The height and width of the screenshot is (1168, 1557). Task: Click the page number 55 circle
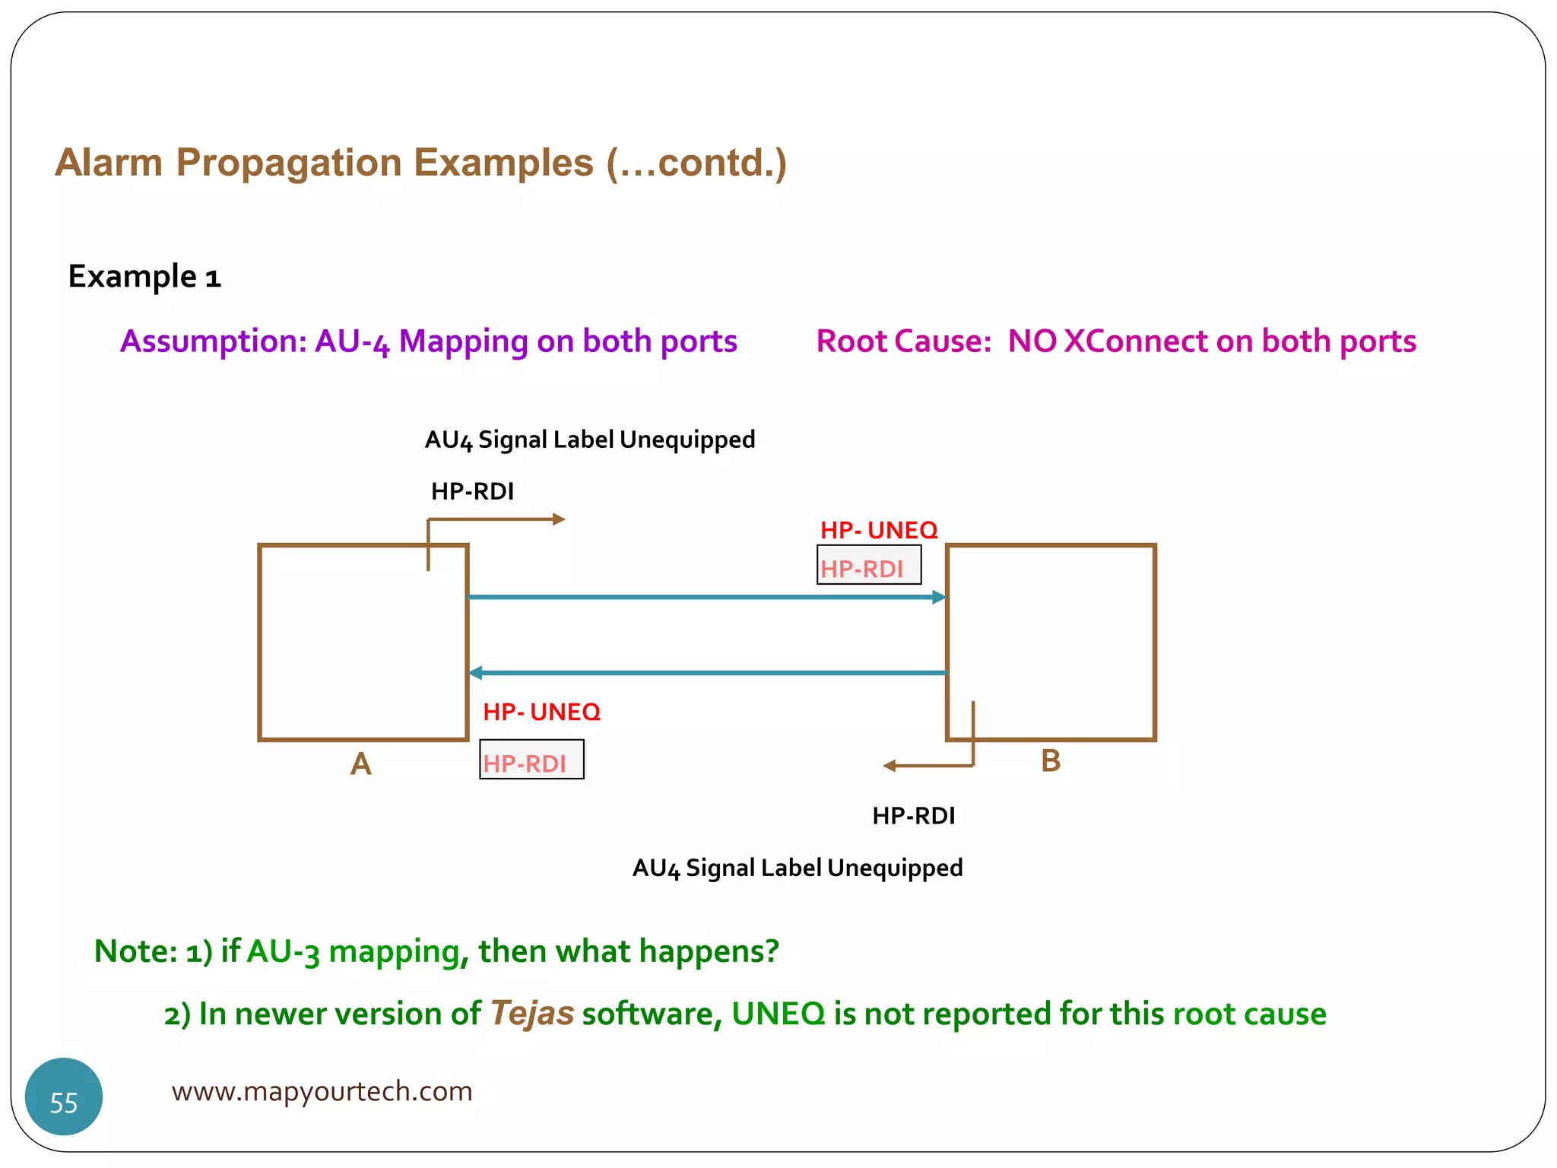point(64,1097)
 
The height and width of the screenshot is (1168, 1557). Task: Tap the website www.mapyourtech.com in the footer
point(322,1091)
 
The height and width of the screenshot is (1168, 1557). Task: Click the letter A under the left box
point(361,763)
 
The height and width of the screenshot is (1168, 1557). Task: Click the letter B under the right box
point(1050,760)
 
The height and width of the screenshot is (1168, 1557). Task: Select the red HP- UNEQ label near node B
point(878,530)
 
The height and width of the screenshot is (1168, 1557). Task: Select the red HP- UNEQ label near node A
point(541,712)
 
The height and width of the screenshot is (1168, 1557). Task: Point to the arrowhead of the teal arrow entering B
point(940,597)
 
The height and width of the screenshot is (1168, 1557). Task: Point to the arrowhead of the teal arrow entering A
point(476,673)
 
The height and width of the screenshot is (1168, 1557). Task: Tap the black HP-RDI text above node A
point(472,492)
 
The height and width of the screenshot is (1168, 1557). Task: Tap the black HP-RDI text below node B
point(913,816)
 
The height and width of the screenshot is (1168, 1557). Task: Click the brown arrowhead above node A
point(559,519)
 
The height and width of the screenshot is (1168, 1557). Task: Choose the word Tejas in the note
point(531,1014)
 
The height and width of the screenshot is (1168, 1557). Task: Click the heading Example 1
point(144,277)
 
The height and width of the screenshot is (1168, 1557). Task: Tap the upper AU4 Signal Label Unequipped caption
point(590,440)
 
